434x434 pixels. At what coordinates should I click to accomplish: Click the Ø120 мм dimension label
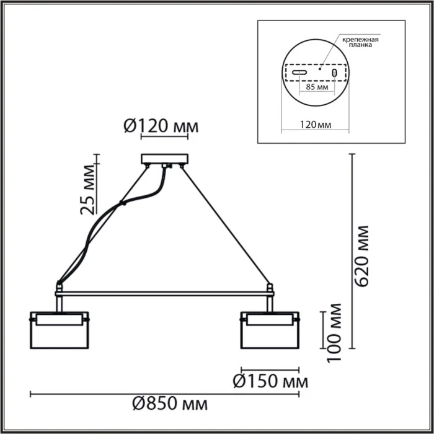pos(161,126)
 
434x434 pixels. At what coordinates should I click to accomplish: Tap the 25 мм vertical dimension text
pos(89,188)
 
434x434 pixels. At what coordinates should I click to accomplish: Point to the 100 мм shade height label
pos(335,332)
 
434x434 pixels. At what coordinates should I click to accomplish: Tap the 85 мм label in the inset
pos(317,88)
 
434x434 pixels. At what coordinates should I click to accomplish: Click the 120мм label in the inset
pos(315,125)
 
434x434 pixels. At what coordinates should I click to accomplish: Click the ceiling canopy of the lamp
pos(164,159)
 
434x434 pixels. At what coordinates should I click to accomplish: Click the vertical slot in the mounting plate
pos(335,73)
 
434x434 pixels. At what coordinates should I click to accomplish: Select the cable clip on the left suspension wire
pos(124,203)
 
